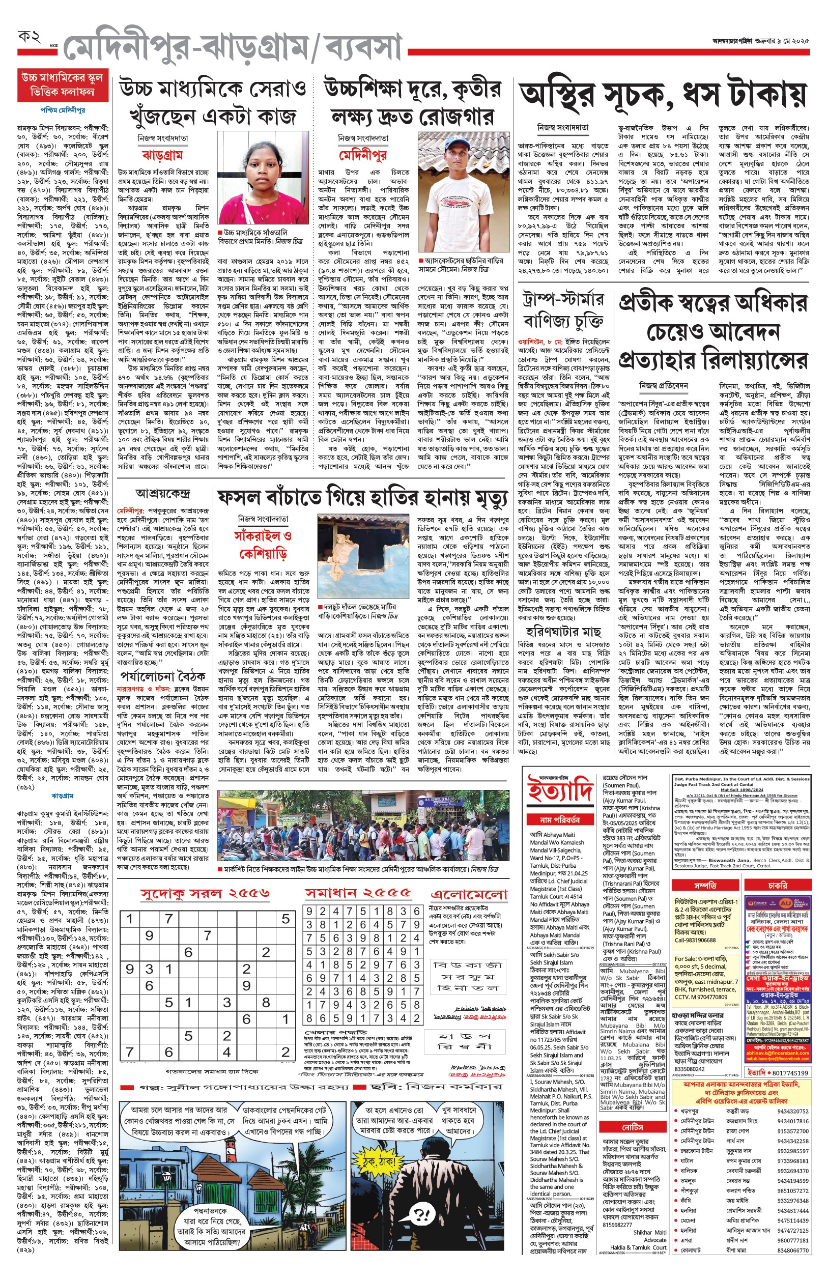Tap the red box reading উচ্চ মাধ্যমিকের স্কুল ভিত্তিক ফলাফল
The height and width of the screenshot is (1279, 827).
click(x=62, y=85)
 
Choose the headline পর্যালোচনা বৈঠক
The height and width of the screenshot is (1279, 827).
click(x=162, y=675)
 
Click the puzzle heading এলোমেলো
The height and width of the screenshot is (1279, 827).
click(x=469, y=895)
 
